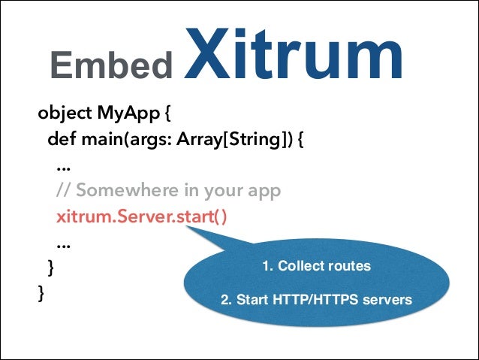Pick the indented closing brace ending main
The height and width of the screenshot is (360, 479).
50,268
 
